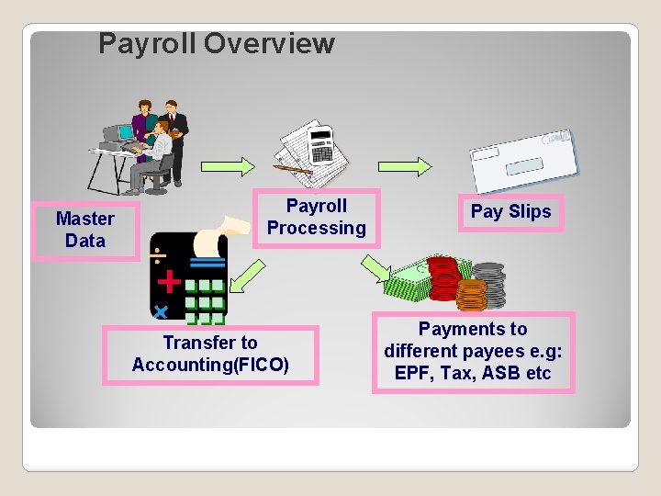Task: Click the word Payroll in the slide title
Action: (147, 43)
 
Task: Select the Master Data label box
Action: (85, 230)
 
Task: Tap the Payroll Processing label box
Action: (316, 218)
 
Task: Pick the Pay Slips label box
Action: (510, 212)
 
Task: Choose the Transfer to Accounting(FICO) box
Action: (210, 355)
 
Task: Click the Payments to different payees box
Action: (473, 352)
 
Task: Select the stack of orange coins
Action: (470, 295)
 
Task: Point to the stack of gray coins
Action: (488, 280)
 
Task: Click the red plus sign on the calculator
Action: (169, 279)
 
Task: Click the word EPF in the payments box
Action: (413, 374)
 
